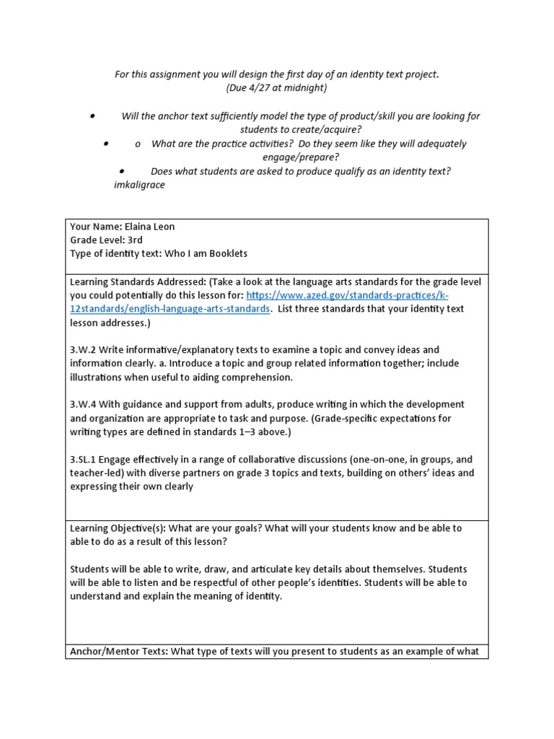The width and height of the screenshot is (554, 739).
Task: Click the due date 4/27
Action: click(260, 88)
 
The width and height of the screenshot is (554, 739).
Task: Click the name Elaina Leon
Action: click(149, 227)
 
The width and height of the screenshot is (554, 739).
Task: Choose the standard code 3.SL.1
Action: click(86, 459)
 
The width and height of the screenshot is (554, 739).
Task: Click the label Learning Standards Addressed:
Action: click(133, 281)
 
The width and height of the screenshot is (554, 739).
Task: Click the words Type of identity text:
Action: click(115, 253)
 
